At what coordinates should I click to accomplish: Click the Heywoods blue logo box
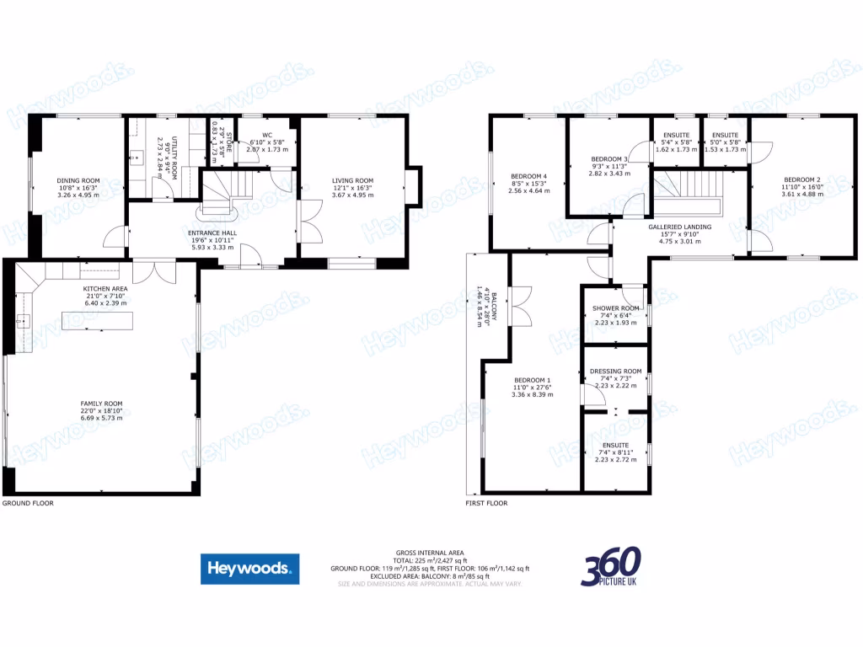click(x=249, y=569)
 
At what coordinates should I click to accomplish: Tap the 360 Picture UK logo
click(x=610, y=567)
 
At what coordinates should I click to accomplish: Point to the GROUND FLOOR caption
click(x=28, y=503)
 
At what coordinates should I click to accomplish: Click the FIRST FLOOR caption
click(x=487, y=503)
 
